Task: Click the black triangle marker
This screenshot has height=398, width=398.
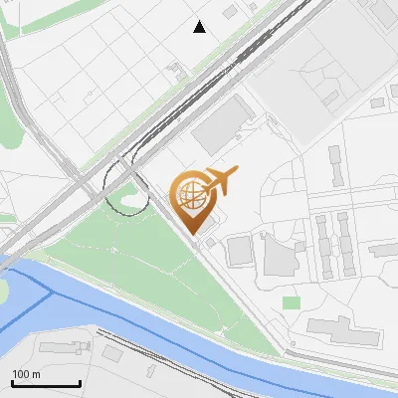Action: (x=200, y=27)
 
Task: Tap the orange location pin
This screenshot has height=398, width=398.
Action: (x=192, y=203)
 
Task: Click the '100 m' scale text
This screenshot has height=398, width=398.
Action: (x=26, y=374)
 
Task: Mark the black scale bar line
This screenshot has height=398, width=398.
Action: (x=46, y=383)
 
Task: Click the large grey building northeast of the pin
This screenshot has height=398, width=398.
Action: (x=222, y=127)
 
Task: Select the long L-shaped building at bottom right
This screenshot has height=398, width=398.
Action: (x=344, y=332)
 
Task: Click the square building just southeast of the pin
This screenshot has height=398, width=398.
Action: (x=240, y=251)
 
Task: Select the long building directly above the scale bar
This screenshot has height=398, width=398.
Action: (x=65, y=347)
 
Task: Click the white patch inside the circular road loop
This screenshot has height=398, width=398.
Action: (x=129, y=203)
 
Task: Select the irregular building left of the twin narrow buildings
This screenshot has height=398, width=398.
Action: (x=278, y=257)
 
